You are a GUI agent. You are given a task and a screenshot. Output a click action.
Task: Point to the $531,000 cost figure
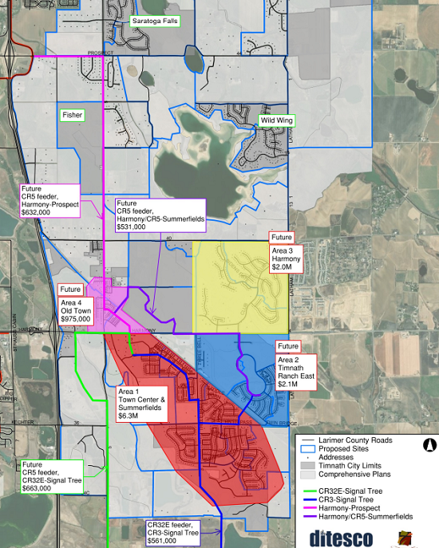[x=132, y=227]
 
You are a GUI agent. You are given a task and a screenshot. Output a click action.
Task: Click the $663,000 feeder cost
[x=38, y=488]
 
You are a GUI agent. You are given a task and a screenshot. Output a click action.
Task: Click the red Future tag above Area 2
[x=287, y=347]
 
